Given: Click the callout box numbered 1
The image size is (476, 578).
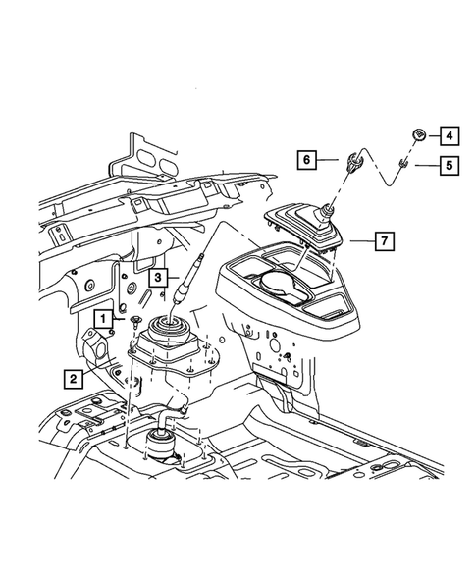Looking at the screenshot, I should pyautogui.click(x=101, y=318).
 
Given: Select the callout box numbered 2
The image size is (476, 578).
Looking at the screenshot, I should pyautogui.click(x=73, y=375).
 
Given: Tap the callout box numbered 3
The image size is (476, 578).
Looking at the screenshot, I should pyautogui.click(x=156, y=278).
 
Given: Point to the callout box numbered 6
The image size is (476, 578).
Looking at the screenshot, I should pyautogui.click(x=305, y=158).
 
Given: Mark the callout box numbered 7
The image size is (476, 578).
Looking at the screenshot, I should pyautogui.click(x=386, y=240).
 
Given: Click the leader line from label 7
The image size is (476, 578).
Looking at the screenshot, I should pyautogui.click(x=359, y=240).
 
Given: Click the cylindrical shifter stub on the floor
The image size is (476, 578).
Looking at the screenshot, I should pyautogui.click(x=160, y=443).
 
